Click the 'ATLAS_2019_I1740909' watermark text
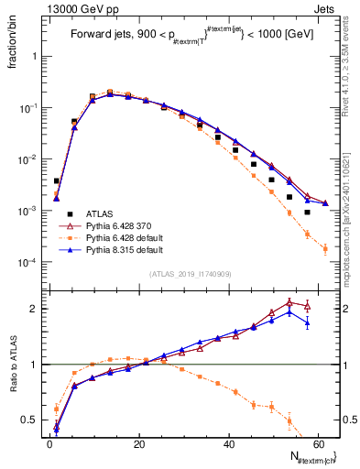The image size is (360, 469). tap(190, 274)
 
